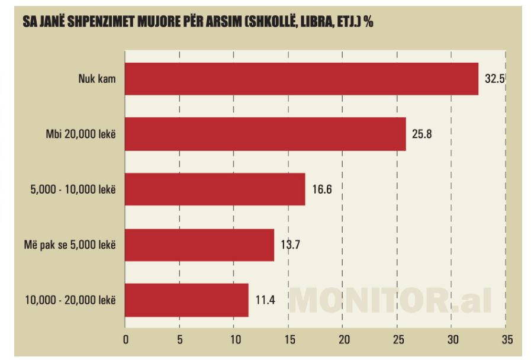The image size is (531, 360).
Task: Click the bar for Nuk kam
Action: [301, 79]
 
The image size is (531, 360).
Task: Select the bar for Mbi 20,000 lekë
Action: [265, 134]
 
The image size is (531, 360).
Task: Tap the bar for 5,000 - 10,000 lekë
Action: [215, 189]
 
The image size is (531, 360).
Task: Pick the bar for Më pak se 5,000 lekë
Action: [199, 245]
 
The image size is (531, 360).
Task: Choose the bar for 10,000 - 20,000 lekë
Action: [186, 300]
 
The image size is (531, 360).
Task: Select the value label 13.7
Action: [291, 245]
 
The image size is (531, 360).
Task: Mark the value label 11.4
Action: [265, 300]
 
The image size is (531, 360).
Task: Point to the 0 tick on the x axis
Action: [125, 340]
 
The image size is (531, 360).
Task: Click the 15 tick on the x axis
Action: [288, 340]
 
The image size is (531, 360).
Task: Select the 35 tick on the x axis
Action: [506, 340]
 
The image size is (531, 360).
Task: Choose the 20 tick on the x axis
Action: [343, 340]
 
